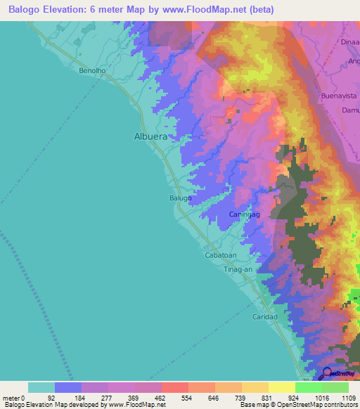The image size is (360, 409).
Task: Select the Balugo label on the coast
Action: (x=180, y=199)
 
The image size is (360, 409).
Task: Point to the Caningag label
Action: (x=245, y=214)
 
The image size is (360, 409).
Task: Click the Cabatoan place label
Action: (x=221, y=256)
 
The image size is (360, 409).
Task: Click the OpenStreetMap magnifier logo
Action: (x=328, y=374)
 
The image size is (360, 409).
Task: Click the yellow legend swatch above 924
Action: (x=282, y=387)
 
